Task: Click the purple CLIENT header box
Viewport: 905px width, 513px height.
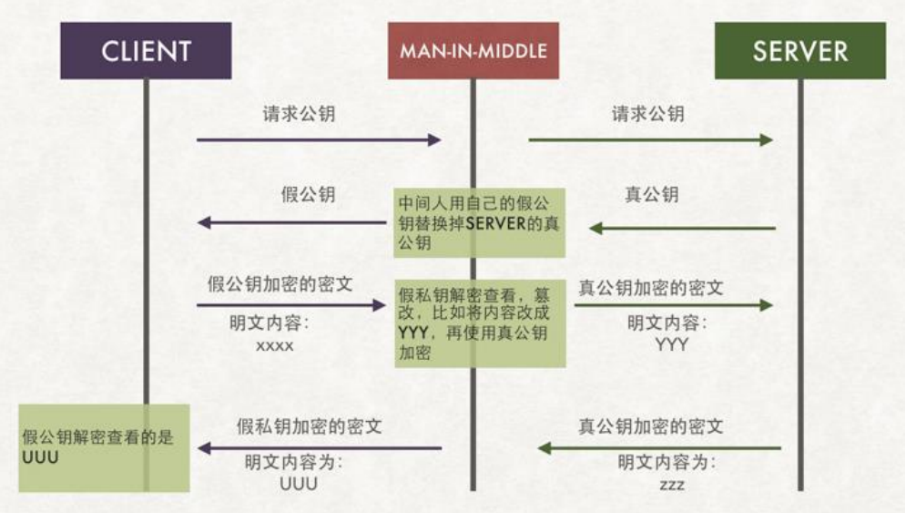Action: [146, 50]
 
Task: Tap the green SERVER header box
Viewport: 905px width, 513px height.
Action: [799, 50]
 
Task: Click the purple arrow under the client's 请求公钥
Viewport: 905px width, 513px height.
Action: [319, 139]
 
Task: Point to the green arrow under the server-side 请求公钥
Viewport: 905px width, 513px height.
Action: [651, 139]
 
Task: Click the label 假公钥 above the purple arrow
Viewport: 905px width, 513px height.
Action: [308, 194]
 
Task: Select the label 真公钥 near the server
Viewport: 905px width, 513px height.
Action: [651, 194]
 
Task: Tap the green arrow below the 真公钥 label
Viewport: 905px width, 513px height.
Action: [683, 228]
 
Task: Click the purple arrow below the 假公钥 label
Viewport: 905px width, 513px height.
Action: [291, 222]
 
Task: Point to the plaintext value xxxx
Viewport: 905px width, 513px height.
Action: [275, 346]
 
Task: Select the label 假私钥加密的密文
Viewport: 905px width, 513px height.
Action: [310, 426]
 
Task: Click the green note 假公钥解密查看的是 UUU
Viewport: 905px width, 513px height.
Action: [104, 447]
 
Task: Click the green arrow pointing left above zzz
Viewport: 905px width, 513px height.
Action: [659, 447]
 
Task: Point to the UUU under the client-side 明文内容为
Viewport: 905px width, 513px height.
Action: [299, 484]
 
